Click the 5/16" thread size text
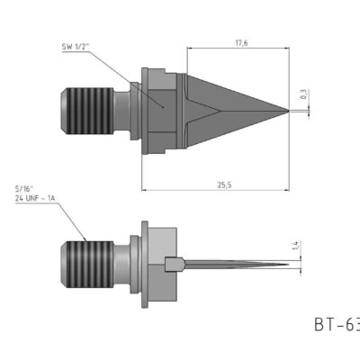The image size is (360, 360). [x=24, y=188]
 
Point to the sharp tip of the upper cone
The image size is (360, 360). [x=289, y=111]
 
